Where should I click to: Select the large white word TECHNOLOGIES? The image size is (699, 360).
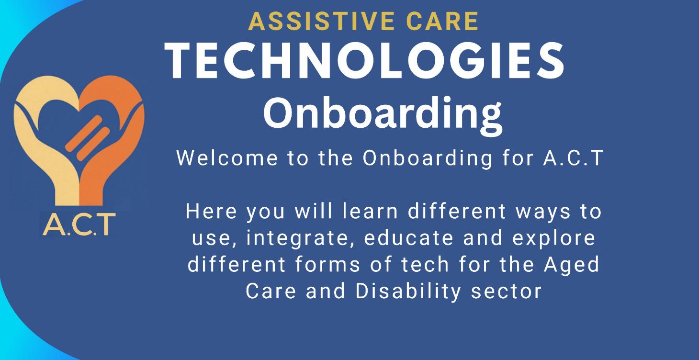click(x=365, y=61)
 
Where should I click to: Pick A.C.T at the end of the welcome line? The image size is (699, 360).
click(x=572, y=158)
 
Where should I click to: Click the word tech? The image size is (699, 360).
click(x=424, y=265)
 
